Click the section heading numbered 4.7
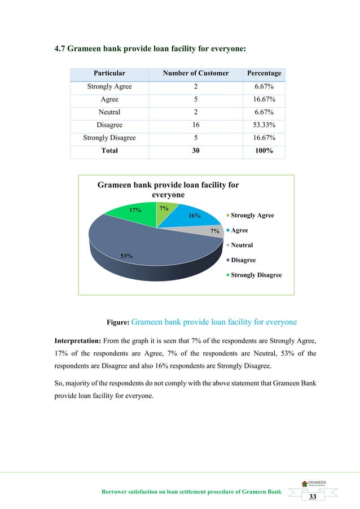pos(150,49)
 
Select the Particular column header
pos(109,73)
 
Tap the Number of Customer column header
pos(195,73)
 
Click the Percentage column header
pos(264,73)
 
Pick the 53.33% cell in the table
pos(264,125)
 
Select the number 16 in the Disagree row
pos(195,125)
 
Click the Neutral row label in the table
pos(109,112)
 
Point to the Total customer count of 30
pos(195,151)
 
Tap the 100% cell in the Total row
pos(264,151)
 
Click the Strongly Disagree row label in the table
pos(109,138)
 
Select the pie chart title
pos(168,190)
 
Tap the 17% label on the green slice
pos(135,210)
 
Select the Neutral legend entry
pos(242,245)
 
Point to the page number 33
pos(312,496)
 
